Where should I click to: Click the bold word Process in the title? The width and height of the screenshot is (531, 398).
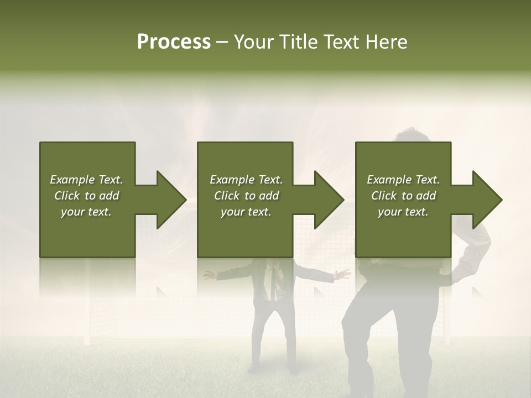(x=174, y=42)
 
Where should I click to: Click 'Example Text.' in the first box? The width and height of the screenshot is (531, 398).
(x=87, y=180)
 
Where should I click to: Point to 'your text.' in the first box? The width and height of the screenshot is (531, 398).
(x=87, y=212)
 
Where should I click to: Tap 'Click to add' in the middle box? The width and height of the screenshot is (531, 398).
(x=246, y=196)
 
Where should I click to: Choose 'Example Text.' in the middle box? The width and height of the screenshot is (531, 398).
(x=246, y=180)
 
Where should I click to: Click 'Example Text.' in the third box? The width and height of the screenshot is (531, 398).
(x=403, y=180)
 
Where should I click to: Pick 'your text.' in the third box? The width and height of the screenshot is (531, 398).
(x=403, y=212)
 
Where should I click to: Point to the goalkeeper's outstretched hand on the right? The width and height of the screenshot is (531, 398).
(x=343, y=274)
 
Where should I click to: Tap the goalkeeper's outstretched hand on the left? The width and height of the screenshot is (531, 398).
(x=209, y=274)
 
